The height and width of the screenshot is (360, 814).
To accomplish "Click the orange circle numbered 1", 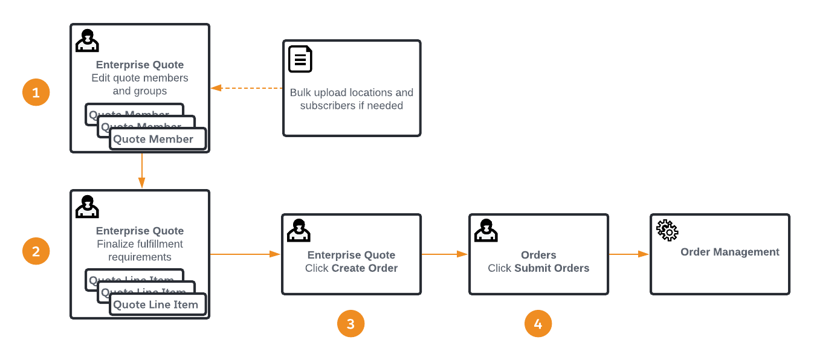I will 36,92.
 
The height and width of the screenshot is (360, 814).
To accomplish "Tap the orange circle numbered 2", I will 36,251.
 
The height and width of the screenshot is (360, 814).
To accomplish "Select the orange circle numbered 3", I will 350,324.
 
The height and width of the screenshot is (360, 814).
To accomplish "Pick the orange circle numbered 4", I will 538,324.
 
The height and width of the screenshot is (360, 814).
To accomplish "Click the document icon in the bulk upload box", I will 300,59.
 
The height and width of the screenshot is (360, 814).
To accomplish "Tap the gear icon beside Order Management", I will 667,230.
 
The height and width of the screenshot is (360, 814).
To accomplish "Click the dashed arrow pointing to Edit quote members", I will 247,88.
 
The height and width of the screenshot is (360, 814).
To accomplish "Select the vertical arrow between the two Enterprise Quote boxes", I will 141,171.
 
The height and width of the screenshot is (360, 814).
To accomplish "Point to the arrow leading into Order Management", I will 628,254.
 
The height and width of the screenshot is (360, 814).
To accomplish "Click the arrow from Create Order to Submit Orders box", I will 445,254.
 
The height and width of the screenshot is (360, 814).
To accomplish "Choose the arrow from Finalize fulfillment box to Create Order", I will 245,254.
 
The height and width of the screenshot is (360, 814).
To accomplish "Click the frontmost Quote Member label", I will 153,139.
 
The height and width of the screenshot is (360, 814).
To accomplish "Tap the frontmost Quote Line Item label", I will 156,304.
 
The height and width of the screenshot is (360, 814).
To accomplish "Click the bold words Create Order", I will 364,268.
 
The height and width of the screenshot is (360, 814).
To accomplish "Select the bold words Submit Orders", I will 552,268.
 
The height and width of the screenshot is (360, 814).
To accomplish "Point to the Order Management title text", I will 729,252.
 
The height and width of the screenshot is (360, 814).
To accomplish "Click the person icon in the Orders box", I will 486,230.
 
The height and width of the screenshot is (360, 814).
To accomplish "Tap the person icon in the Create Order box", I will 299,230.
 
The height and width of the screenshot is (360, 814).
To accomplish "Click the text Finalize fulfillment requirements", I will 140,251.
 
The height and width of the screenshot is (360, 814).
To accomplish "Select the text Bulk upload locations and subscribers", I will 351,99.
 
